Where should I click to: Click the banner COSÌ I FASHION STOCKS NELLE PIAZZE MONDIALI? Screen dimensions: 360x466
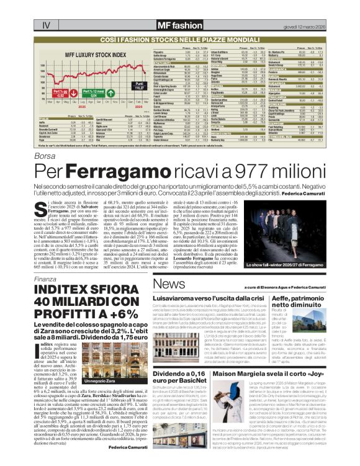(x=180, y=38)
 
